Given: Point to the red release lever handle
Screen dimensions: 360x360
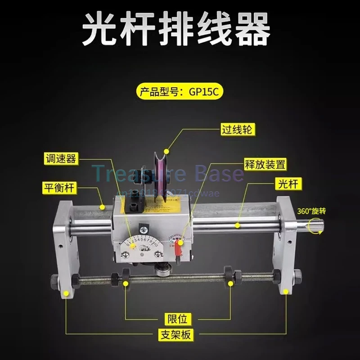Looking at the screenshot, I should [180, 245].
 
